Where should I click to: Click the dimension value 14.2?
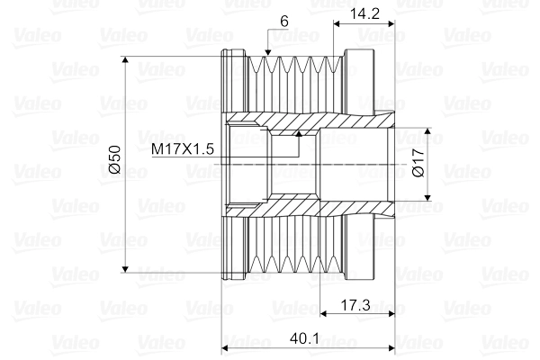365,13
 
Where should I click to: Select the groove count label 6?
283,20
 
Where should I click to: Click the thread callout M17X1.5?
183,149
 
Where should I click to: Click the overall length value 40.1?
306,339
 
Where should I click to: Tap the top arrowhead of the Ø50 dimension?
126,62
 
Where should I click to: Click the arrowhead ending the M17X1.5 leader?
297,135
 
